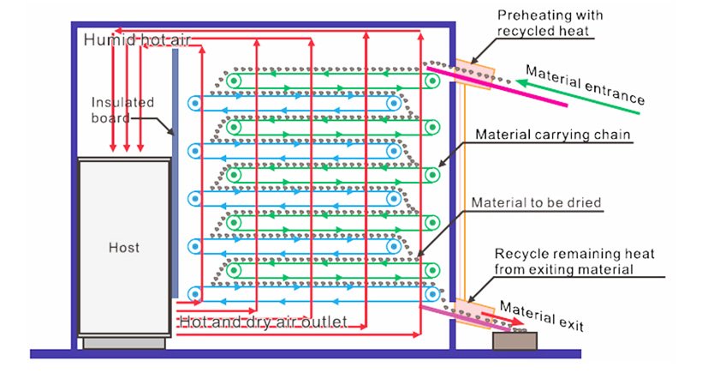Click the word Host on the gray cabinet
[x=123, y=248]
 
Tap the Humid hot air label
[x=137, y=40]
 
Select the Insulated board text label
[x=122, y=110]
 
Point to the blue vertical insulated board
[x=175, y=173]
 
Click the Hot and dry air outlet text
[x=264, y=322]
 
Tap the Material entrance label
[x=585, y=85]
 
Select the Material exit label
[x=542, y=316]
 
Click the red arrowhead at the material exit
[x=517, y=322]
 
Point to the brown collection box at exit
[x=515, y=341]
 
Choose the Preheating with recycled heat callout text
[x=550, y=23]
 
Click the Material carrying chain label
[x=553, y=135]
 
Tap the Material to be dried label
[x=536, y=202]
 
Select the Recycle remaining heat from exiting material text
[x=574, y=262]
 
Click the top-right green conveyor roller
[x=432, y=81]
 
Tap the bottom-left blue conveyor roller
[x=194, y=295]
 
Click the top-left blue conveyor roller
[x=194, y=104]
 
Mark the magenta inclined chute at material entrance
[x=497, y=87]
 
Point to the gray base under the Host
[x=124, y=343]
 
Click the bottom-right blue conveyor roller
[x=432, y=295]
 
